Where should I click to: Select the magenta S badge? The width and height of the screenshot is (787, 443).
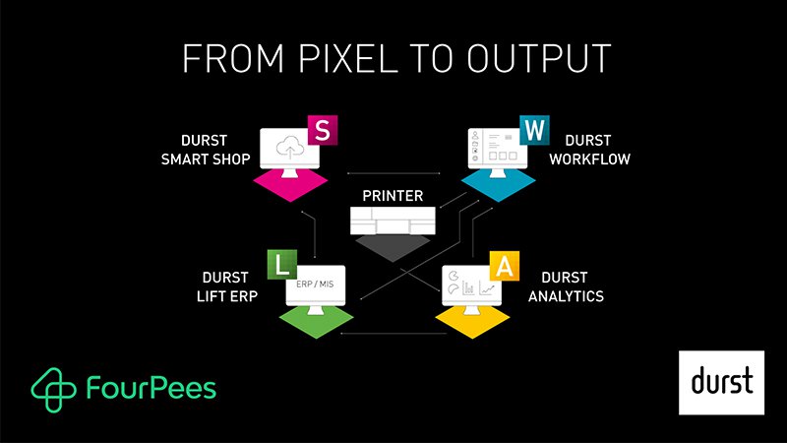[x=322, y=130]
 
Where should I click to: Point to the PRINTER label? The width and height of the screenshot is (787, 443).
[x=393, y=198]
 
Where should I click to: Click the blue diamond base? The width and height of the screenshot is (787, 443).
[x=500, y=183]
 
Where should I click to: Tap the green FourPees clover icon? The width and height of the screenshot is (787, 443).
[x=50, y=385]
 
